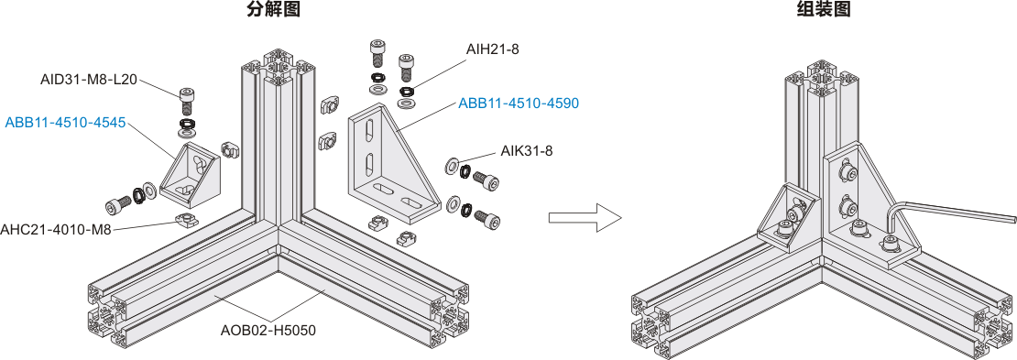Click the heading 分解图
[273, 9]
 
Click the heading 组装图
[823, 9]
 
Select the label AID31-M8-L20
[88, 80]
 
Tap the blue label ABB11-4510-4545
[65, 123]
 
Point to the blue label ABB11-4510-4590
[519, 104]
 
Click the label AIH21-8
[492, 49]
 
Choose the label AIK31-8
[526, 151]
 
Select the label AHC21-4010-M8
[56, 229]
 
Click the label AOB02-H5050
[268, 330]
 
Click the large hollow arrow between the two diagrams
[585, 217]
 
